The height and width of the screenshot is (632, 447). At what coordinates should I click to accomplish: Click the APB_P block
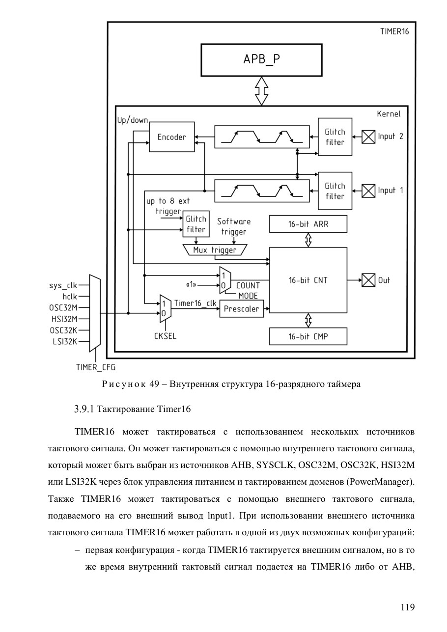tap(261, 60)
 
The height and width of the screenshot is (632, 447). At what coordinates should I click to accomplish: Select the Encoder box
tap(171, 137)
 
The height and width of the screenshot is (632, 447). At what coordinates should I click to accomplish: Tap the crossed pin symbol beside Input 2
tap(368, 137)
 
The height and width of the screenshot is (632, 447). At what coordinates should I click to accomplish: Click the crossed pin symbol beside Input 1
tap(368, 191)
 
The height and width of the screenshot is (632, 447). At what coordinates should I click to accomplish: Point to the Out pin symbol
tap(368, 280)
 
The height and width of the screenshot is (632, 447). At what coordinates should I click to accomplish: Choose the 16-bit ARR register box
tap(308, 224)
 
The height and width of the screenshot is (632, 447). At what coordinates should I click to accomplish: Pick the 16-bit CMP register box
tap(308, 336)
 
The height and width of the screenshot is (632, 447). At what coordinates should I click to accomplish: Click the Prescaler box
tap(242, 309)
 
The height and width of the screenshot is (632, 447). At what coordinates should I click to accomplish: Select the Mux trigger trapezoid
tap(215, 250)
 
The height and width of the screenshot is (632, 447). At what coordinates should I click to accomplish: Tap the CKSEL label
tap(165, 336)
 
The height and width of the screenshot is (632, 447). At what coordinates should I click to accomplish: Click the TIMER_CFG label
tap(96, 367)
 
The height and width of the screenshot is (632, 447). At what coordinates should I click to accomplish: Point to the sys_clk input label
tap(63, 285)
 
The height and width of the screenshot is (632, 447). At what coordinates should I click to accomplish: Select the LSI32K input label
tap(65, 341)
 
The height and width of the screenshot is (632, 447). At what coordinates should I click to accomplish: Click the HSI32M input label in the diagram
tap(64, 319)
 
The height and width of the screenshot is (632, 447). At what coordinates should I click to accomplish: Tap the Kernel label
tap(389, 114)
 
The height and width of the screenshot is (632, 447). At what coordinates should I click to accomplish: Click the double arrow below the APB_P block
tap(261, 91)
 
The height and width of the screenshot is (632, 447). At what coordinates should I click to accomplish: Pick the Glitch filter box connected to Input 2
tap(335, 137)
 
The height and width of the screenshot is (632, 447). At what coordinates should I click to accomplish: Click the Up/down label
tap(133, 120)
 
